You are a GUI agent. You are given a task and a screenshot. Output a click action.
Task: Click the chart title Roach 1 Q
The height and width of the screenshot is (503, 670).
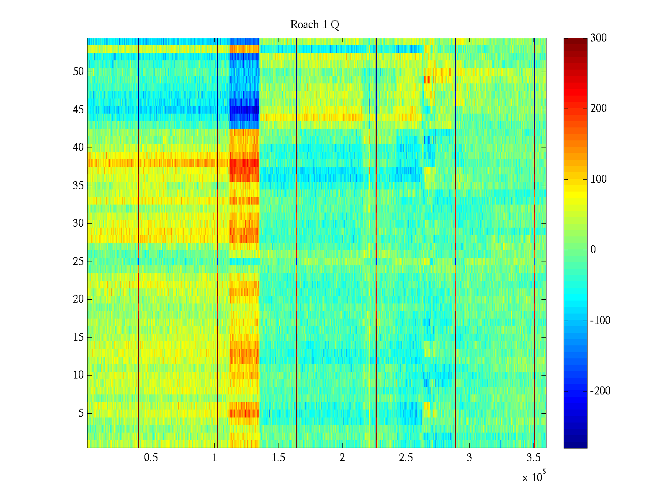tap(314, 25)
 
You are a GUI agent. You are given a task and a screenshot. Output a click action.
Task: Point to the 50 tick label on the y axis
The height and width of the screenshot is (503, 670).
tap(78, 72)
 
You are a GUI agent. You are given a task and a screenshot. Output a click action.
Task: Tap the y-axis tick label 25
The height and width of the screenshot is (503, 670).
tap(78, 262)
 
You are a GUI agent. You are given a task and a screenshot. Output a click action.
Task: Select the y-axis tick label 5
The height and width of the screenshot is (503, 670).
tap(81, 413)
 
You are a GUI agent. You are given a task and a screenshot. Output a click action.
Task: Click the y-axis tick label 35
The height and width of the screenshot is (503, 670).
tap(78, 186)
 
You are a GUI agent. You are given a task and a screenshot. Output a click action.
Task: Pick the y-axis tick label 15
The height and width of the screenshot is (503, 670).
tap(78, 337)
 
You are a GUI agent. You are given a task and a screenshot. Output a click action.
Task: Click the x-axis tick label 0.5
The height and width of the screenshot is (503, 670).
tap(151, 458)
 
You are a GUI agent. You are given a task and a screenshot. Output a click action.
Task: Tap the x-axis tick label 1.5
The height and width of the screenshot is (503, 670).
tap(278, 458)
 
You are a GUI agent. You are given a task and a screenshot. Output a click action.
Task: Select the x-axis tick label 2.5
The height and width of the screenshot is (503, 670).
tap(406, 458)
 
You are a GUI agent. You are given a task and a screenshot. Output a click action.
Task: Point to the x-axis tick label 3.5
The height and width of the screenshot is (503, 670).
tap(533, 458)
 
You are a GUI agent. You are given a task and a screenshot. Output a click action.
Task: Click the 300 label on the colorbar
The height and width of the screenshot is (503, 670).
tap(598, 38)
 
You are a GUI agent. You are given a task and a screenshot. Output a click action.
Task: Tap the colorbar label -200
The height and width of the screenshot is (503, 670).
tap(600, 391)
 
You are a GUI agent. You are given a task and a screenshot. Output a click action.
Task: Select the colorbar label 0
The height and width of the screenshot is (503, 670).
tap(593, 250)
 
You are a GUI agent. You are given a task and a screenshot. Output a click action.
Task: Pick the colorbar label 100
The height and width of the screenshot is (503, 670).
tap(598, 179)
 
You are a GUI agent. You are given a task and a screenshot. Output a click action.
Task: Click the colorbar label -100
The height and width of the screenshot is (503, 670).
tap(600, 321)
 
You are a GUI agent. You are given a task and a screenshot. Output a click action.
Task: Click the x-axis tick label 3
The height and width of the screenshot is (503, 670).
tap(469, 458)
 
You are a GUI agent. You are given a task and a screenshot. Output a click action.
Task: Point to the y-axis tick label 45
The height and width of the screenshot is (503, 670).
tap(78, 110)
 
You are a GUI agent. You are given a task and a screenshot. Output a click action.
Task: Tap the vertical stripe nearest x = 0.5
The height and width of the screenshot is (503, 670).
tap(138, 243)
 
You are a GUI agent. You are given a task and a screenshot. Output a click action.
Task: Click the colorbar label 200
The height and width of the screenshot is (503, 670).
tap(598, 109)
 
